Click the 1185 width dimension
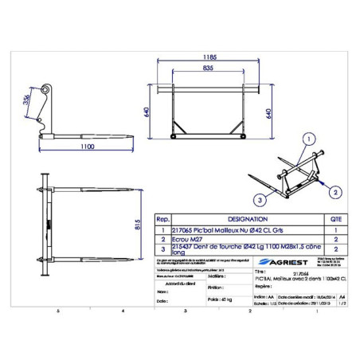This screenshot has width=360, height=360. pos(209,58)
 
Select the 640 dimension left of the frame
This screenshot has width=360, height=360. pos(146,112)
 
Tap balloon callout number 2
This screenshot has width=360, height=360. pos(335,192)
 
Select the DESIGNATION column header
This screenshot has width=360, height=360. pos(248,217)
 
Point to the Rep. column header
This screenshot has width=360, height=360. pos(162,217)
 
